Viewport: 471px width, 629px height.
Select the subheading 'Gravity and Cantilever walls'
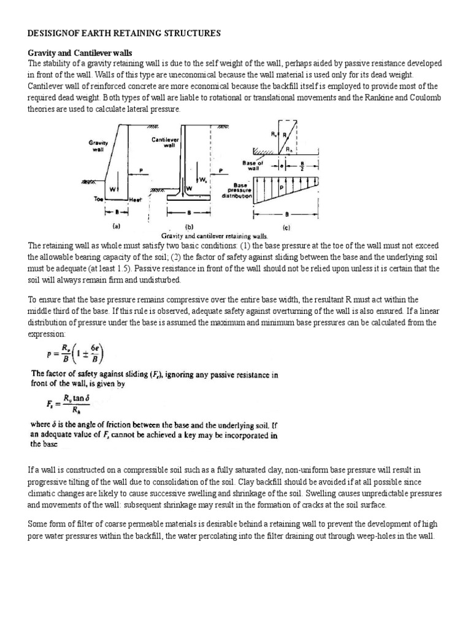(x=80, y=53)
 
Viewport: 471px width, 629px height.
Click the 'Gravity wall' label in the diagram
(x=98, y=146)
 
